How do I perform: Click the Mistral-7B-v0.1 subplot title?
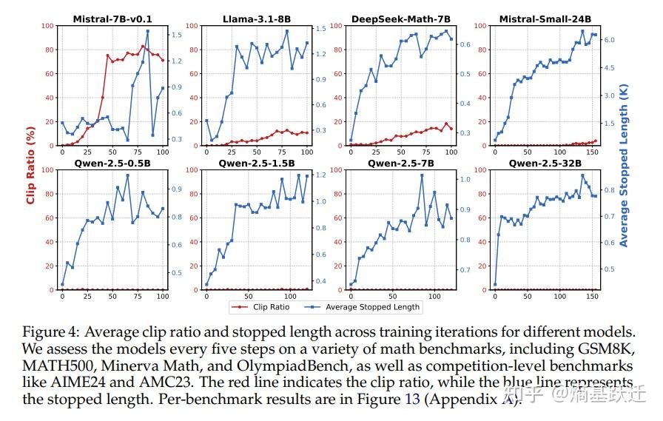[x=112, y=19]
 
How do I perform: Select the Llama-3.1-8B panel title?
[x=256, y=19]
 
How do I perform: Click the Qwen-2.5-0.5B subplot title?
[x=112, y=164]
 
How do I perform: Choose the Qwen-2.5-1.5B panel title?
[x=256, y=164]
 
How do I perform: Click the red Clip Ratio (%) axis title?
[x=31, y=158]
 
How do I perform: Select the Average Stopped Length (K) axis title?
[x=623, y=158]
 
